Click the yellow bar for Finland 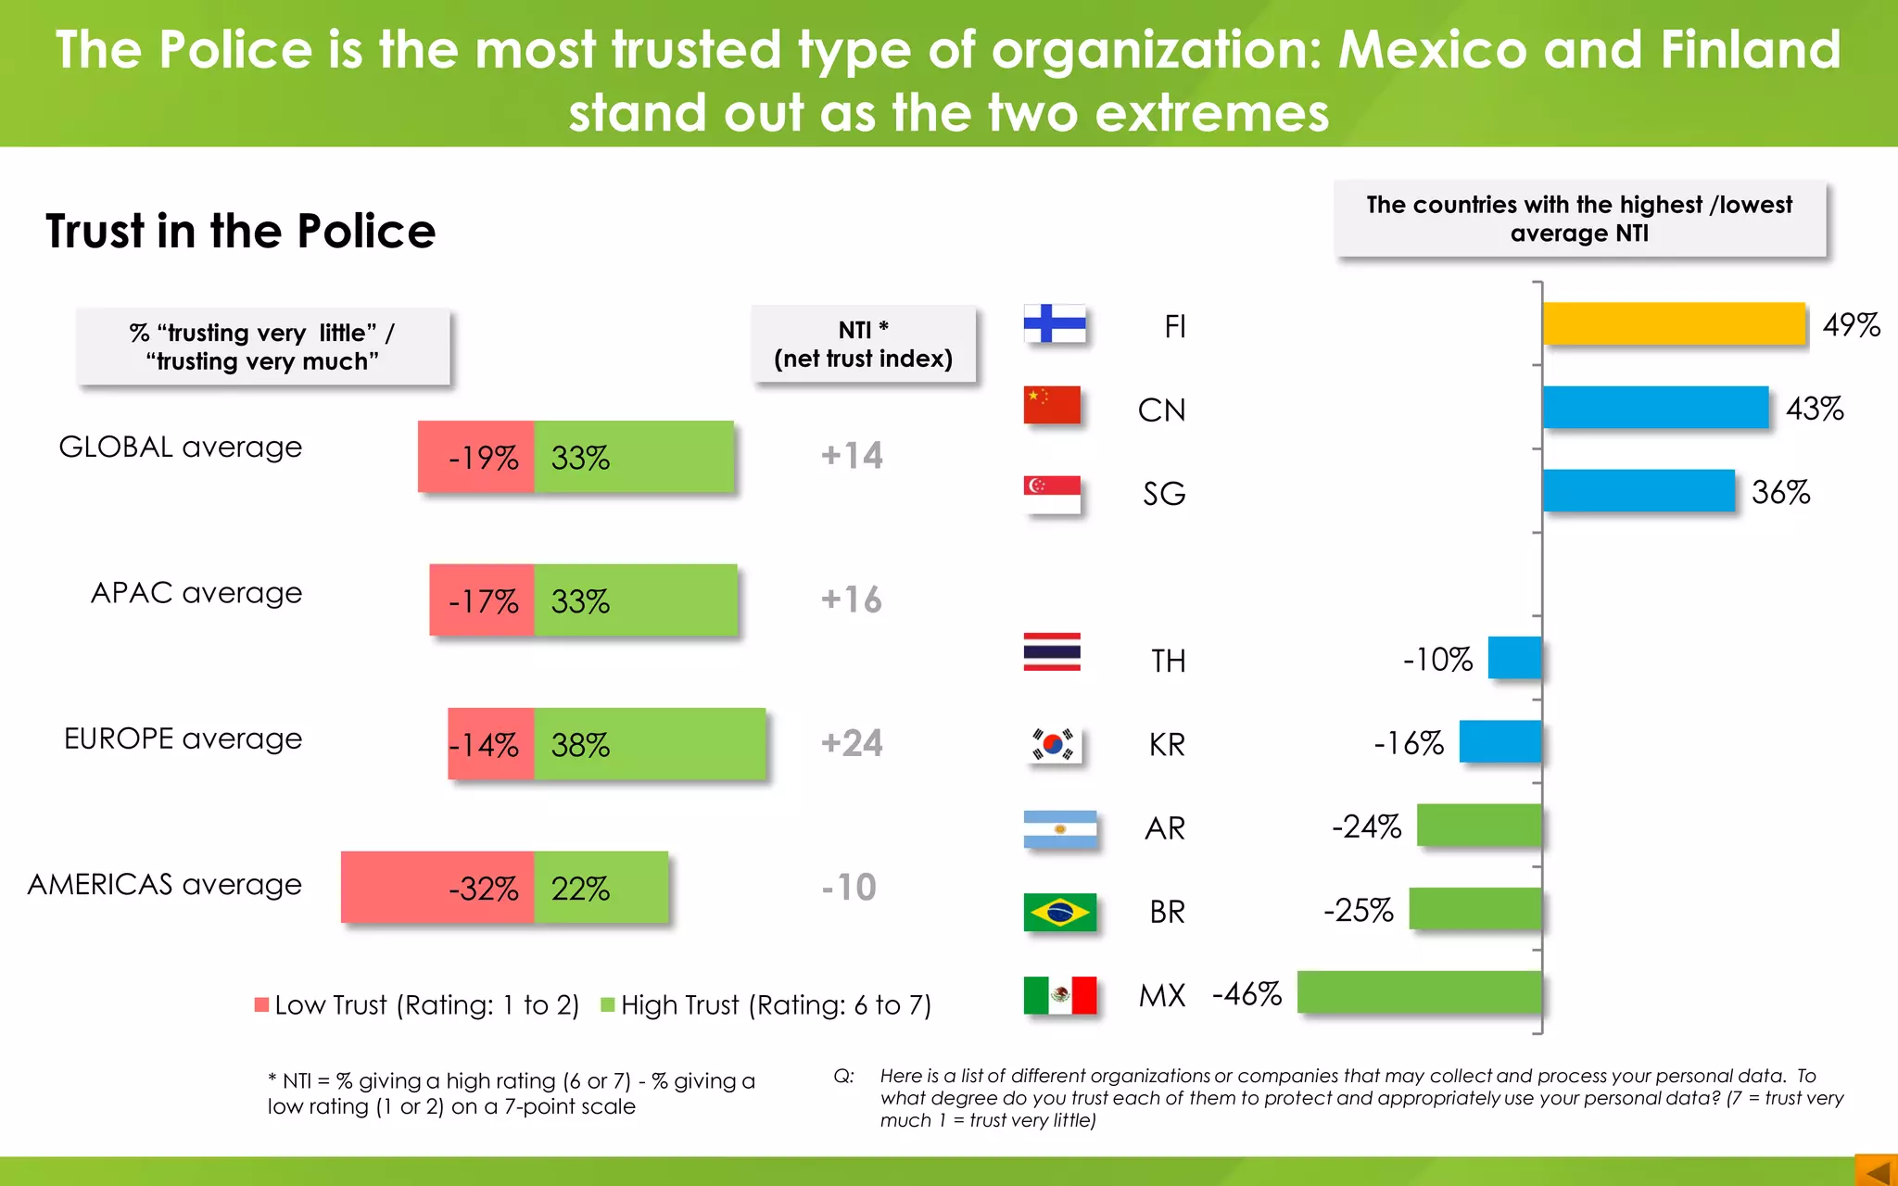point(1674,323)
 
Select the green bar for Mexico point(1419,992)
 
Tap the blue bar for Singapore point(1638,491)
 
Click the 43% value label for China point(1814,409)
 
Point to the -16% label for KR point(1408,742)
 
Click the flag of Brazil point(1059,912)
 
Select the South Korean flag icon point(1054,744)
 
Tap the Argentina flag point(1059,828)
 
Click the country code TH point(1168,661)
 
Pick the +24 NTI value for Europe point(852,743)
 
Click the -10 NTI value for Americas point(849,887)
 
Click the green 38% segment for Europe point(650,744)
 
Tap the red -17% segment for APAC point(482,600)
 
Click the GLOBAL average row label point(181,447)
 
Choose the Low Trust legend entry point(417,1005)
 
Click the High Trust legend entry point(766,1005)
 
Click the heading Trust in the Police point(241,231)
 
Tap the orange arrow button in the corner point(1877,1170)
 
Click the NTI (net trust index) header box point(863,344)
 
